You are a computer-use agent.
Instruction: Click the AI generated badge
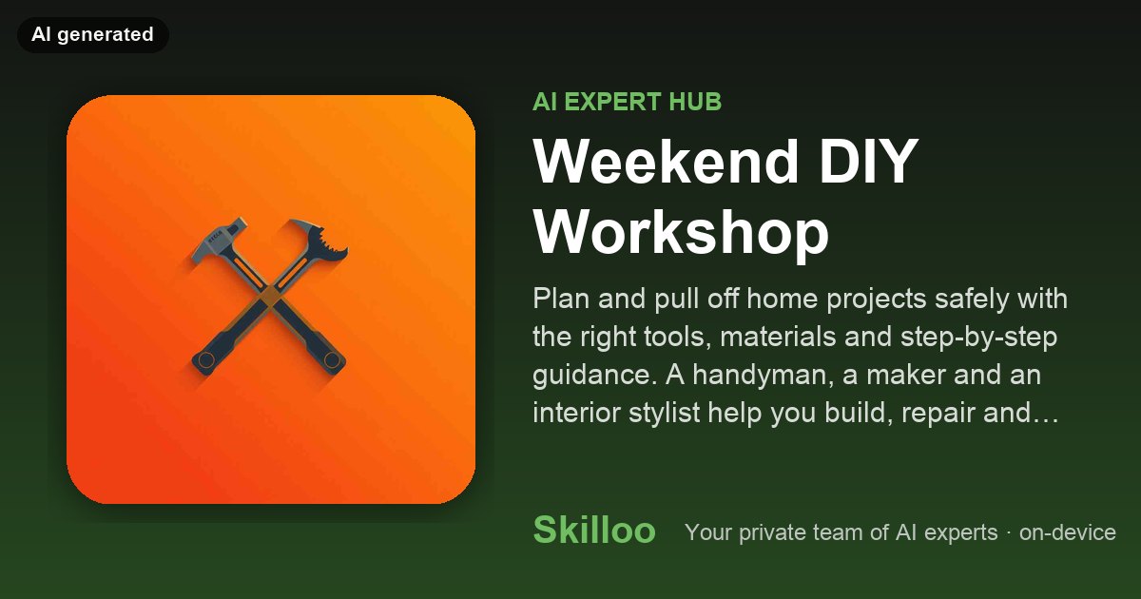click(x=93, y=34)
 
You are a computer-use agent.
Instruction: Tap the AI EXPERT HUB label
click(x=627, y=102)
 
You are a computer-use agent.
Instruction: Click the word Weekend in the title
click(x=666, y=162)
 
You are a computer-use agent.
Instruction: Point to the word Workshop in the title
click(x=681, y=233)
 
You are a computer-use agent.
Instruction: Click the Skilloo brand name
click(x=594, y=530)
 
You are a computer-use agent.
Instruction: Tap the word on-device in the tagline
click(x=1067, y=532)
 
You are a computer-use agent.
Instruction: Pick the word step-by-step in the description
click(x=978, y=338)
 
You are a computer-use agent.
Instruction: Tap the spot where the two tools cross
click(x=269, y=297)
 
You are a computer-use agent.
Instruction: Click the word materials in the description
click(x=805, y=337)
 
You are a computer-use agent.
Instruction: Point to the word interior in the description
click(x=576, y=412)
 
